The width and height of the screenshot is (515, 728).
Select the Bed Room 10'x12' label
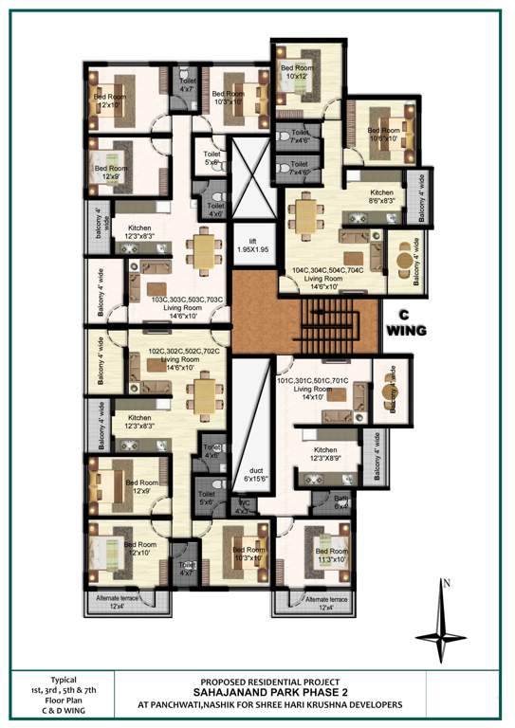299,72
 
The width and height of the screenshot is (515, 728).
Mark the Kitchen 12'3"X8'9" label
325,453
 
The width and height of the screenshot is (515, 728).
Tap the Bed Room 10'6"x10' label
385,135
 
